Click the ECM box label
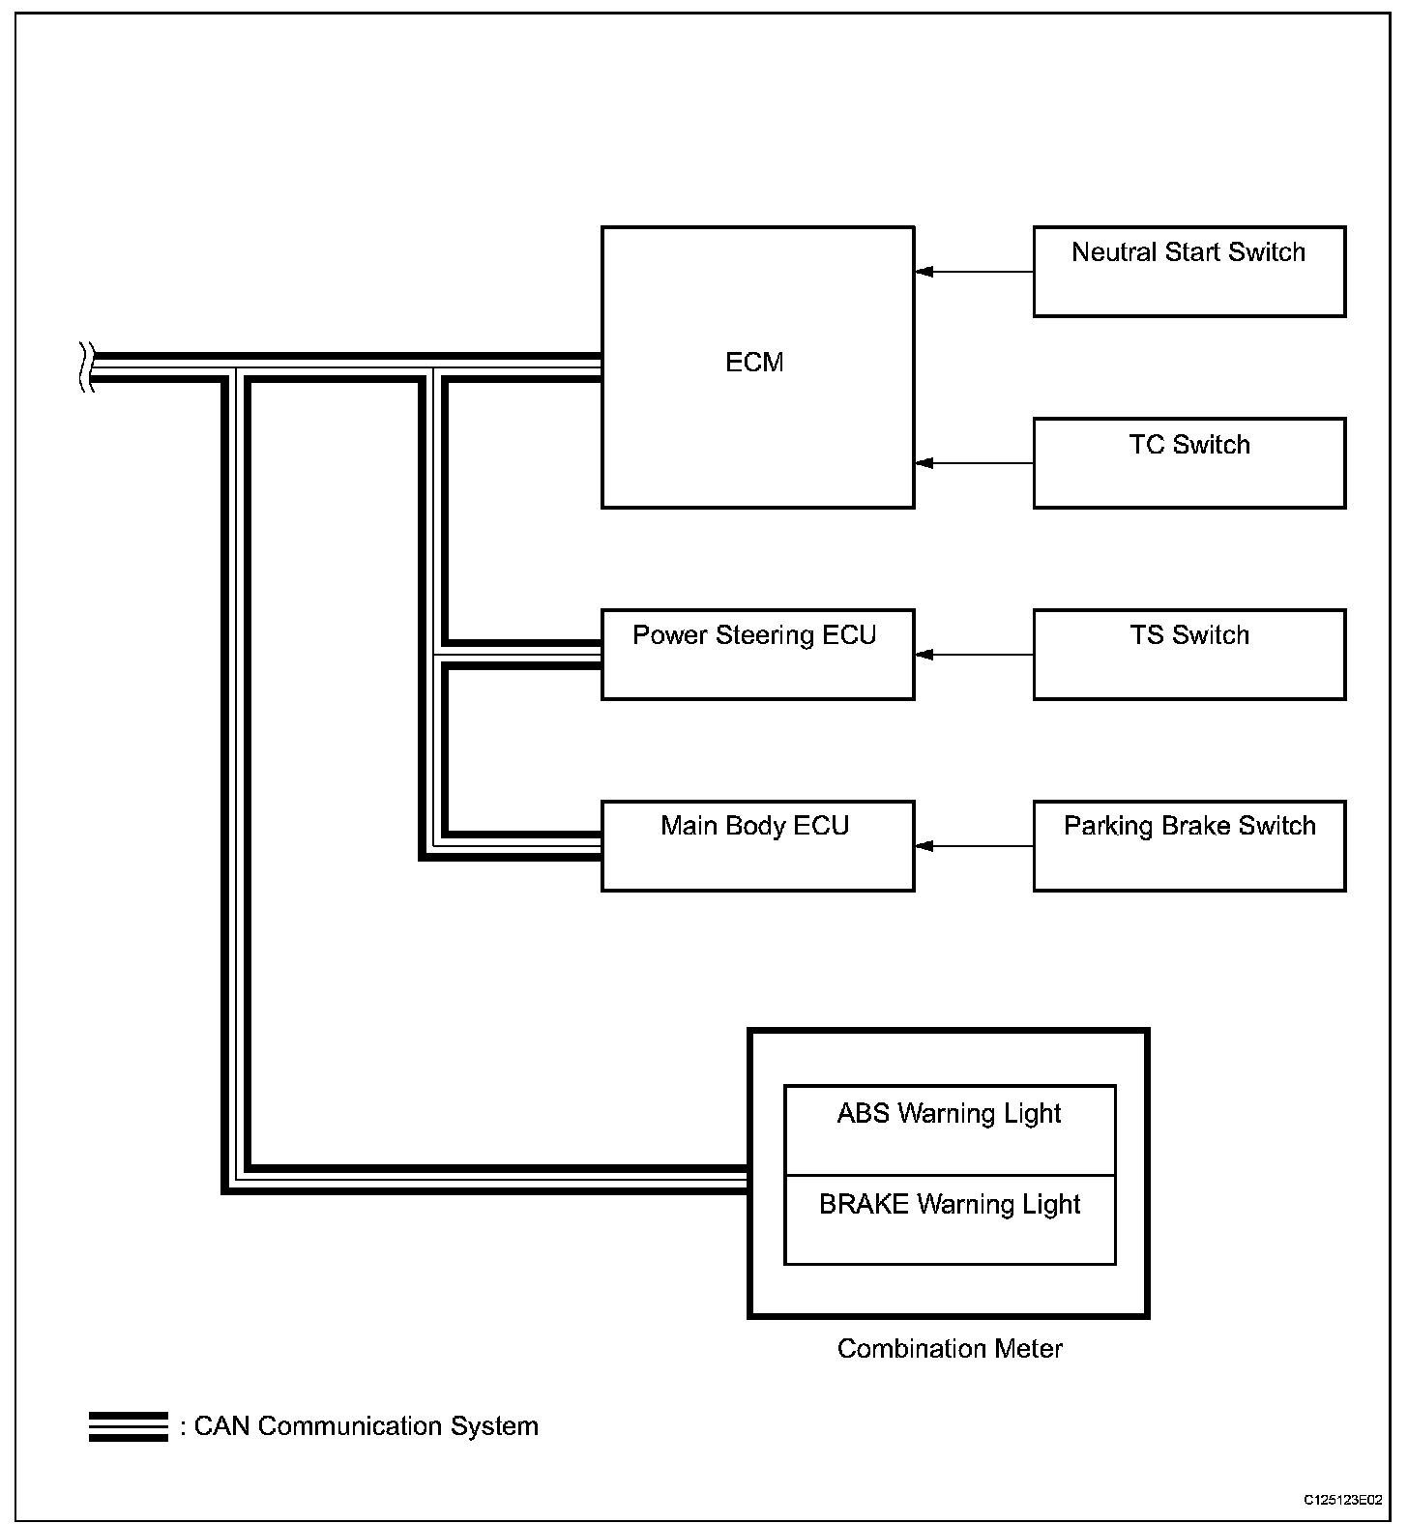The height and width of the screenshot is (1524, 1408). (754, 363)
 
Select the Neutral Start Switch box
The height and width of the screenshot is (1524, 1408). (1188, 272)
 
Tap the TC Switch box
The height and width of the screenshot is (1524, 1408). (1188, 463)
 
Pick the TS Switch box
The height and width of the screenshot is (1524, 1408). (1188, 654)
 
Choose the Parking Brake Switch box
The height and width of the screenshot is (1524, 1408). (1188, 845)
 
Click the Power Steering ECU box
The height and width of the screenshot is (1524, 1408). (757, 654)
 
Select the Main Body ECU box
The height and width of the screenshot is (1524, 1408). (757, 845)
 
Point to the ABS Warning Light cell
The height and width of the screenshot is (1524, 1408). (949, 1129)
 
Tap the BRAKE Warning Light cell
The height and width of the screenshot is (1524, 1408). (949, 1219)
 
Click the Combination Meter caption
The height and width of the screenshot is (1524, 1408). (949, 1349)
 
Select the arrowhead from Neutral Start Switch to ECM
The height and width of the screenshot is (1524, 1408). (924, 272)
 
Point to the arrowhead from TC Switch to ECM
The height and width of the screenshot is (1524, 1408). (924, 463)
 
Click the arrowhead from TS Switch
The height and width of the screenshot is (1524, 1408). (924, 655)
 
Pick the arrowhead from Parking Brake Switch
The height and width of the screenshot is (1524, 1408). (924, 846)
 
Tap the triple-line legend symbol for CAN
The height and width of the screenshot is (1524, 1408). (128, 1427)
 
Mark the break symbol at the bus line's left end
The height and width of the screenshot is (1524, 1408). (85, 367)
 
